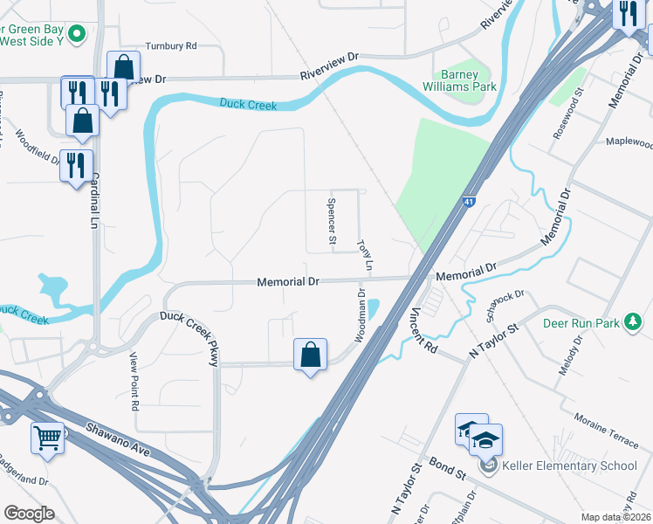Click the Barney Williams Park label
coord(468,80)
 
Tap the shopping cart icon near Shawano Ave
coord(48,437)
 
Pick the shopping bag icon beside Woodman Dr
coord(310,355)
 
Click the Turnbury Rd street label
coord(171,45)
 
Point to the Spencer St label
coord(332,219)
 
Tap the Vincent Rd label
coord(423,329)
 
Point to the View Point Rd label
coord(134,382)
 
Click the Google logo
coord(29,514)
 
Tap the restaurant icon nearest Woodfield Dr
coord(76,163)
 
